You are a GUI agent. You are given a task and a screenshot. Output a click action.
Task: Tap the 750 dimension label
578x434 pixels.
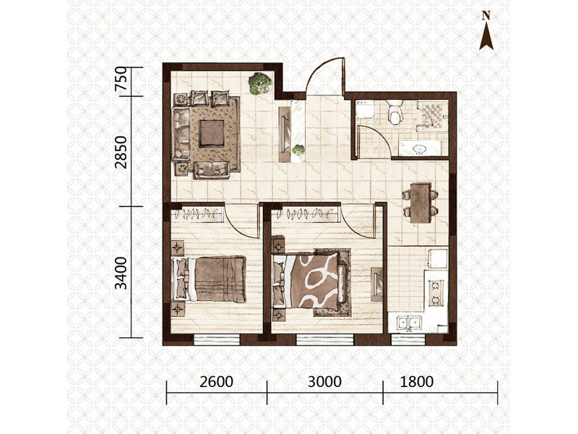click(121, 79)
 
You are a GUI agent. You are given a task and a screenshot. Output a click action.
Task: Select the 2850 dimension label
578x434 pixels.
click(121, 152)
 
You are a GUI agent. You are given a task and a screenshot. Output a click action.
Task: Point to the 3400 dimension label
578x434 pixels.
click(121, 273)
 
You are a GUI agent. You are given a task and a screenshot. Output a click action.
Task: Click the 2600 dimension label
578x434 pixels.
click(216, 382)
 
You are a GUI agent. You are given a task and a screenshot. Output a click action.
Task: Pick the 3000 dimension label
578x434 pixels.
click(324, 382)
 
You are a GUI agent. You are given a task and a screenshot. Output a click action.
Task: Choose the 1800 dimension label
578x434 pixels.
click(417, 382)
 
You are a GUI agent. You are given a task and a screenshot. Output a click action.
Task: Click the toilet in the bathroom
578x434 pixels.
click(394, 111)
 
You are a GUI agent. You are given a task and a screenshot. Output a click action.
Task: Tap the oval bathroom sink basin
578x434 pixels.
click(420, 150)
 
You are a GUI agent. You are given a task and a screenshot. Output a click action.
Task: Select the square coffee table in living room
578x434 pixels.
click(212, 133)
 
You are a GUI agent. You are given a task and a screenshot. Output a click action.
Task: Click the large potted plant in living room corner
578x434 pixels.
click(260, 83)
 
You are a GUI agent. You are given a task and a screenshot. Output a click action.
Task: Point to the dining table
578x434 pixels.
click(420, 203)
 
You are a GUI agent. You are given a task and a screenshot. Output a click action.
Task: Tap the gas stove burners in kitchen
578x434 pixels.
click(436, 293)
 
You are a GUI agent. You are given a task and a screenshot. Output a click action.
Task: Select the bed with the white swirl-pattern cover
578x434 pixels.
click(310, 281)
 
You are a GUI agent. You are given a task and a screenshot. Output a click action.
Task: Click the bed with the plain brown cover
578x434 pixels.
click(209, 279)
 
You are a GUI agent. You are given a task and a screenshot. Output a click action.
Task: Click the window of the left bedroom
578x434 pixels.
click(217, 339)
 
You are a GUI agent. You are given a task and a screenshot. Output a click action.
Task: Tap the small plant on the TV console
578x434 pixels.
click(298, 150)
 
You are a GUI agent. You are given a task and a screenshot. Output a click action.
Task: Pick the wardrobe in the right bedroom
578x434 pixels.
click(306, 214)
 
